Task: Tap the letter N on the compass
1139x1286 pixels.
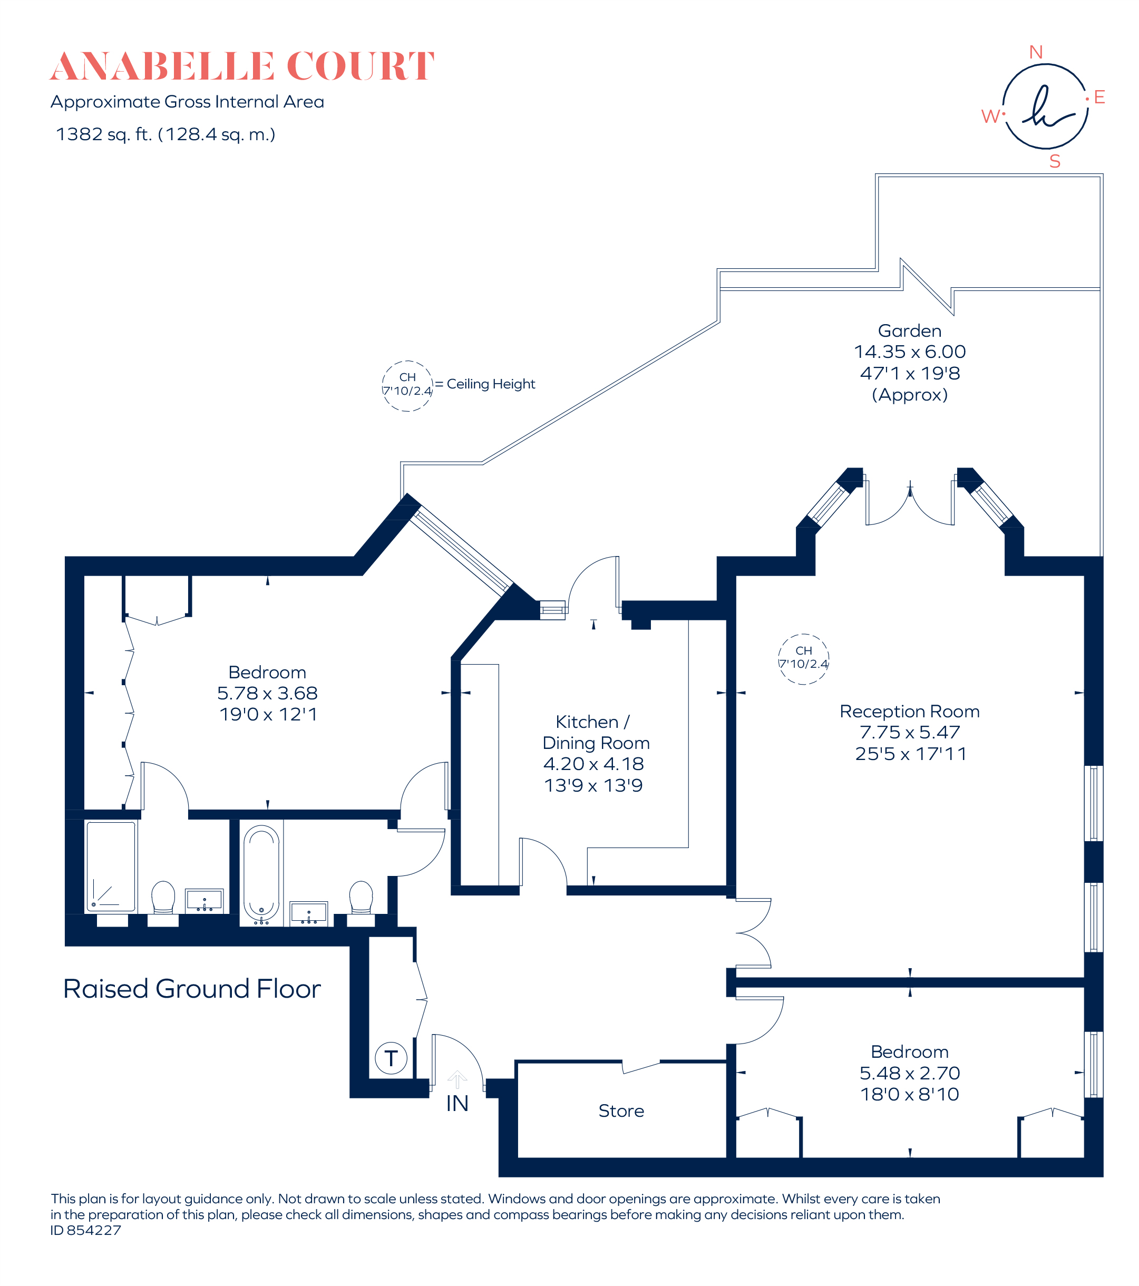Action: [x=1035, y=52]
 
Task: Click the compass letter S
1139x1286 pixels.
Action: [x=1055, y=162]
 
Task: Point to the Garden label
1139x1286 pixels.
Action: [x=909, y=331]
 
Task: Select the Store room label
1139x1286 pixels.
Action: [x=621, y=1111]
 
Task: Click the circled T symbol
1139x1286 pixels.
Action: [x=391, y=1058]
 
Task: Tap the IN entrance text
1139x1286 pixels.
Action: [x=457, y=1104]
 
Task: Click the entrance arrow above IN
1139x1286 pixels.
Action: [x=457, y=1079]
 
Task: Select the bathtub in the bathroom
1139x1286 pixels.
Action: [x=261, y=873]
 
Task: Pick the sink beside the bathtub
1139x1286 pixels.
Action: [x=308, y=912]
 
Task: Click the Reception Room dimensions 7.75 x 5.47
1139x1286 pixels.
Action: [x=909, y=733]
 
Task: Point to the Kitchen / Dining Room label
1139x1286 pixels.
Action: [x=595, y=733]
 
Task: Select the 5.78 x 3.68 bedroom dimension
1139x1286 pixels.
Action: [x=267, y=693]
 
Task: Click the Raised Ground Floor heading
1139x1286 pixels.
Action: [x=192, y=989]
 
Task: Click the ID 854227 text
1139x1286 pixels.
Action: [x=85, y=1230]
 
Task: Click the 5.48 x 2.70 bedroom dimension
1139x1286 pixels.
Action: [x=909, y=1074]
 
